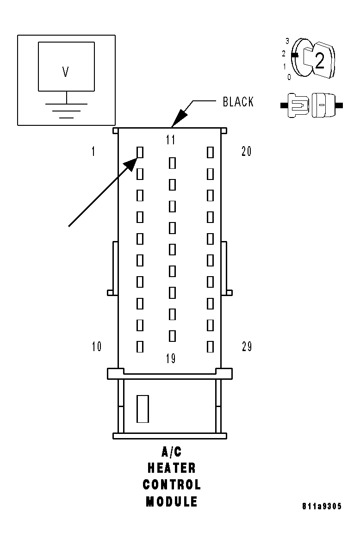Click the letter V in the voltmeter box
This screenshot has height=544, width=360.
66,72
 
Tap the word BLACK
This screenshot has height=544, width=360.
238,102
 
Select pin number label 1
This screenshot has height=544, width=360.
93,151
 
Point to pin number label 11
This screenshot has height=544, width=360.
171,140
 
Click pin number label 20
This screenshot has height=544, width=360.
247,151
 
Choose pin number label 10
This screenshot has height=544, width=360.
96,346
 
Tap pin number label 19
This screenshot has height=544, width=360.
171,359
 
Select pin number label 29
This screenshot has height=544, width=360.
247,346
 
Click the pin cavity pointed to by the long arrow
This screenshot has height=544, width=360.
140,152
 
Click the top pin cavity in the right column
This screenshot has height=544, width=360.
210,152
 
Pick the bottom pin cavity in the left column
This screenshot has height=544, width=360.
140,346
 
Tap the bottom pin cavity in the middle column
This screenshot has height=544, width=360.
172,335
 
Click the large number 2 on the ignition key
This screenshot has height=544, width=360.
319,61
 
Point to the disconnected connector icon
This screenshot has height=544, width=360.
311,105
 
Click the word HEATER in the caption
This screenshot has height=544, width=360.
171,468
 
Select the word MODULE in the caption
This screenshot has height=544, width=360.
171,501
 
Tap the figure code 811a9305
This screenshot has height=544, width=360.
322,507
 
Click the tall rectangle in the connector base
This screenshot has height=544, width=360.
142,409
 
